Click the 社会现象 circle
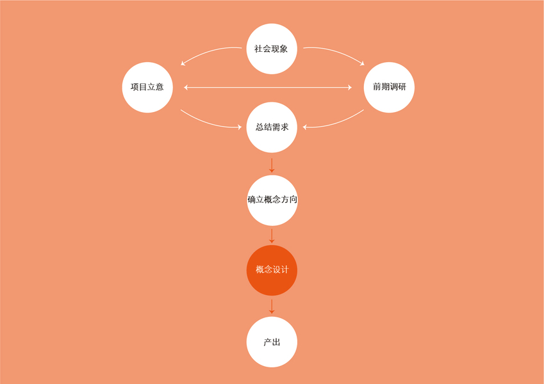[272, 49]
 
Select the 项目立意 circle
[147, 87]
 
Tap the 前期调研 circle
[389, 87]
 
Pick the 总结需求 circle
[272, 127]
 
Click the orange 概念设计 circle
[272, 270]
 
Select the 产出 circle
[272, 342]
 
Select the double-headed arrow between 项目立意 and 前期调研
[268, 87]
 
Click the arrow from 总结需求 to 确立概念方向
[272, 164]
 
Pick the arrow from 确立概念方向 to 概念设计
[272, 235]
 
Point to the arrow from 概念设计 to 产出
[272, 306]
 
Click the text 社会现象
[272, 49]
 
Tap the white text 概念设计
[272, 270]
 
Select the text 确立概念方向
[272, 200]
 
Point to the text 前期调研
[389, 87]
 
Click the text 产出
[272, 342]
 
